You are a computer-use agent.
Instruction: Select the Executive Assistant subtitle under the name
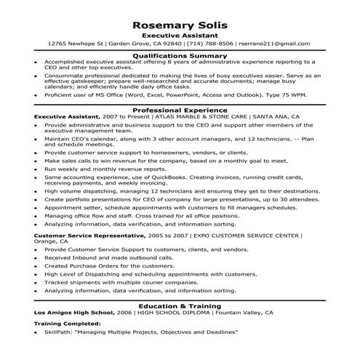point(180,34)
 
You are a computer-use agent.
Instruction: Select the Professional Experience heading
point(180,109)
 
